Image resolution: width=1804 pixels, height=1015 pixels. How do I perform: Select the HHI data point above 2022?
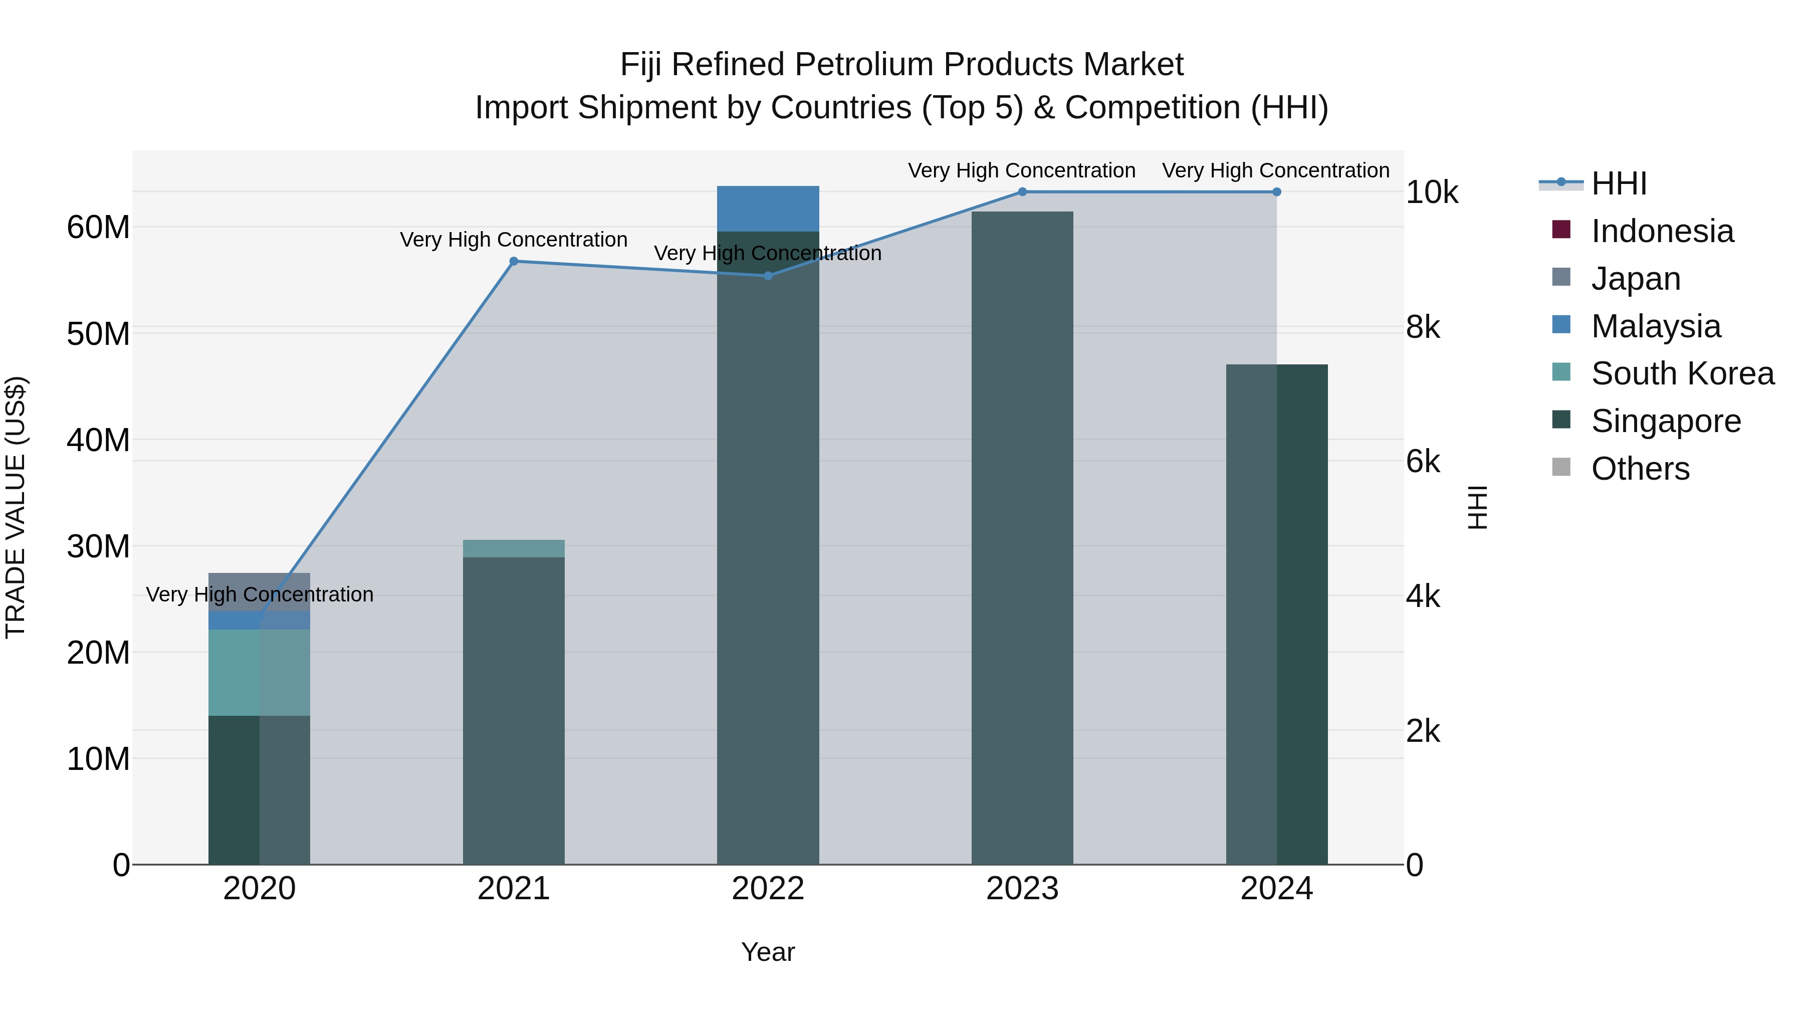(x=768, y=276)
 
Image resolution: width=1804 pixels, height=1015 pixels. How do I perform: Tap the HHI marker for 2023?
(x=1022, y=192)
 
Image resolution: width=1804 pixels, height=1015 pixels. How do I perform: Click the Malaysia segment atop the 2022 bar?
(x=768, y=209)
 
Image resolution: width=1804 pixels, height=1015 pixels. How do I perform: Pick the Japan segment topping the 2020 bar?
(x=259, y=592)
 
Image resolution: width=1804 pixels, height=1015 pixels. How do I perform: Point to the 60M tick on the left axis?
(x=98, y=228)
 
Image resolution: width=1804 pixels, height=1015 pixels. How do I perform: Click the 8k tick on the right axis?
(x=1423, y=327)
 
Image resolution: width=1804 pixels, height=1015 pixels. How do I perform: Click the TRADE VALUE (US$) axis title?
(x=16, y=507)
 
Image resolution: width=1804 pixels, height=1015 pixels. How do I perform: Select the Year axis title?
(x=768, y=952)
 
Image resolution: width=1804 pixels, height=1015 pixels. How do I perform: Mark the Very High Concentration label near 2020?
(x=259, y=594)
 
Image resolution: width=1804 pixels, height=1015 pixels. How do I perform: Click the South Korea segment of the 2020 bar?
(x=259, y=673)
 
